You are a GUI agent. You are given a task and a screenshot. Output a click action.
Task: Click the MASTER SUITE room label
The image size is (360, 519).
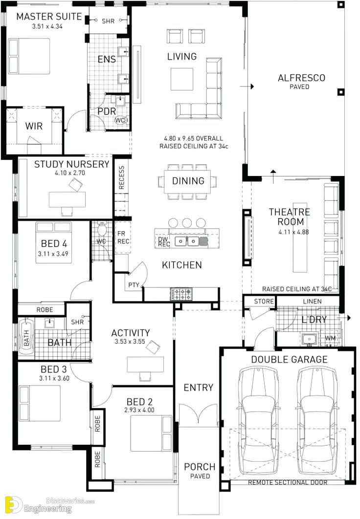49,16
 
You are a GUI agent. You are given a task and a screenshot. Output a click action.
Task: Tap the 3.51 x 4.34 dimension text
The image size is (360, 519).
47,26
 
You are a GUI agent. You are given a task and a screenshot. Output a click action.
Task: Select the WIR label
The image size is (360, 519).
34,126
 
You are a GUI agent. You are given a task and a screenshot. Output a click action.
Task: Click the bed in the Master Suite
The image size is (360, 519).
29,56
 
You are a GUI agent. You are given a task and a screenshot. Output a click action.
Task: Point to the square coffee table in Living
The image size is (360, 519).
182,79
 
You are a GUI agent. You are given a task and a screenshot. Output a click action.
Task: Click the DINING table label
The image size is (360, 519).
188,181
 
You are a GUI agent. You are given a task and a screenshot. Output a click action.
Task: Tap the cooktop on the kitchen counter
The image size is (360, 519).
181,294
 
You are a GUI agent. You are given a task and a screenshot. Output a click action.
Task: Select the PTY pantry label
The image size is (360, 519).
134,284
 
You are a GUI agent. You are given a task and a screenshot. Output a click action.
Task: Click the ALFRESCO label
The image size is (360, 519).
301,78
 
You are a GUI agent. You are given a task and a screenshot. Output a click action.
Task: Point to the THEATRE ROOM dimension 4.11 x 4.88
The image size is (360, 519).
294,232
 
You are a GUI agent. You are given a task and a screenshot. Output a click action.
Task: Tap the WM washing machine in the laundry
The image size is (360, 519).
330,338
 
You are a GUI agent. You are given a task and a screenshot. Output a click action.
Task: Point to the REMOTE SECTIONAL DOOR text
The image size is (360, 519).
288,482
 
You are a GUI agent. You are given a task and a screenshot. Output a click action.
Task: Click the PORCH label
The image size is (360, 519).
200,467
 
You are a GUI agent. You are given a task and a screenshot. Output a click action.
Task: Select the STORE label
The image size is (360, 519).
264,301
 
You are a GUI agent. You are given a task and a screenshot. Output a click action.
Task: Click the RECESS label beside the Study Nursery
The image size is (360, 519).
121,178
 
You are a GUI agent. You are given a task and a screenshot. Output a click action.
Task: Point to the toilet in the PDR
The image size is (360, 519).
120,120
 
